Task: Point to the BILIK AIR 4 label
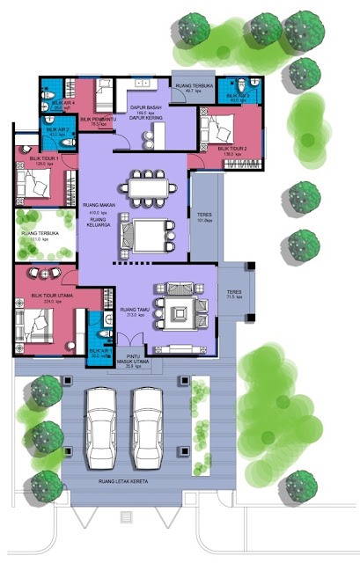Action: (55, 104)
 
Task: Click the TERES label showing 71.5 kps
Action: (233, 295)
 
